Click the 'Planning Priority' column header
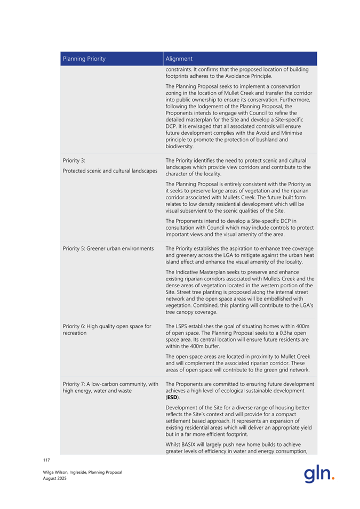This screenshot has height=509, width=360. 84,59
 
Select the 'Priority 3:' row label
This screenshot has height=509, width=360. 74,160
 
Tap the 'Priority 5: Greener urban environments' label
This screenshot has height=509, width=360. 108,248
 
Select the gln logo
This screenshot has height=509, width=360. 319,473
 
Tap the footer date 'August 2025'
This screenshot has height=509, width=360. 55,478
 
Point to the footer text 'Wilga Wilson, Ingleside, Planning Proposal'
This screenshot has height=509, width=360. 83,472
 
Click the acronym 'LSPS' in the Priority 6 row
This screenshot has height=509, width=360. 184,326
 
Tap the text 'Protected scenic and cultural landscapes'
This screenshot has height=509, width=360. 110,171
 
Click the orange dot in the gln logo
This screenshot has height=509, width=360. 333,478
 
